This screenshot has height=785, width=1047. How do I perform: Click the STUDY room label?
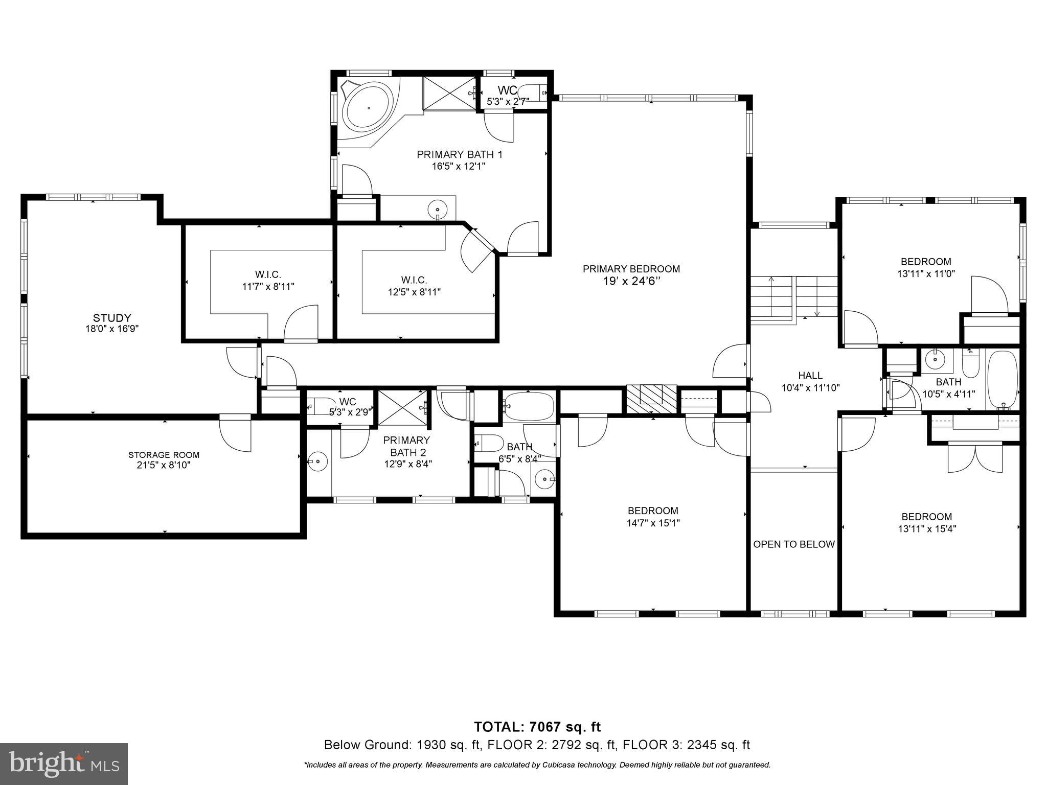tap(112, 318)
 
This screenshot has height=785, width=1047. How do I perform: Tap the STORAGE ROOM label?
tap(164, 455)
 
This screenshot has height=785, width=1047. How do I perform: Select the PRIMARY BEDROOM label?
tap(631, 269)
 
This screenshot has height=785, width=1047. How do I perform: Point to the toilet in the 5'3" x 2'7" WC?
tap(532, 93)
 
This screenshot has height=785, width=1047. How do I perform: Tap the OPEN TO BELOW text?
tap(793, 544)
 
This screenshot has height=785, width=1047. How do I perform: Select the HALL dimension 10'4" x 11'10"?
tap(810, 388)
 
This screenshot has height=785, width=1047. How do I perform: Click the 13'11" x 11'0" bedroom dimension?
tap(926, 273)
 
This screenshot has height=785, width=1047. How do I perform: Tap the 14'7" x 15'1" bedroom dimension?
tap(653, 523)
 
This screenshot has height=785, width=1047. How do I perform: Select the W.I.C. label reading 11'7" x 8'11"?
tap(268, 286)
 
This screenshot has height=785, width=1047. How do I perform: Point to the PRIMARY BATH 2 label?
tap(407, 446)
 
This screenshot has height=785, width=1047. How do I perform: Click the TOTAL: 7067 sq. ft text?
tap(537, 727)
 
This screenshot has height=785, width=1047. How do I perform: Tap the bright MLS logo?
tap(64, 764)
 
